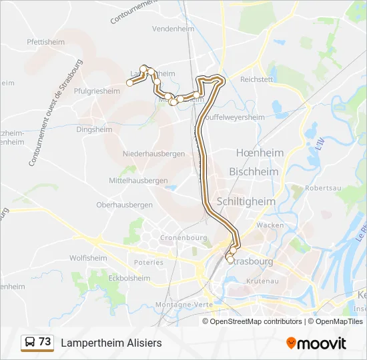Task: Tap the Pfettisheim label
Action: [x=46, y=41]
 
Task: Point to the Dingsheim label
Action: [x=92, y=131]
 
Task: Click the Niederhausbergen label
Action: [x=153, y=153]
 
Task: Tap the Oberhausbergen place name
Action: [x=125, y=205]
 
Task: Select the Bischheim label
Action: [x=254, y=171]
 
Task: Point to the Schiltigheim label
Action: [x=246, y=201]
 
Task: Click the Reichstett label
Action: [x=257, y=79]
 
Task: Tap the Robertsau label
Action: [x=323, y=189]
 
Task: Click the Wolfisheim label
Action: [x=88, y=258]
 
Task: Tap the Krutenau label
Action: [x=261, y=282]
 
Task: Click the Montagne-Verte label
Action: [x=183, y=305]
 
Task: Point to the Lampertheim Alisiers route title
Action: [x=111, y=343]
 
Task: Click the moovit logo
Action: [x=316, y=343]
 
